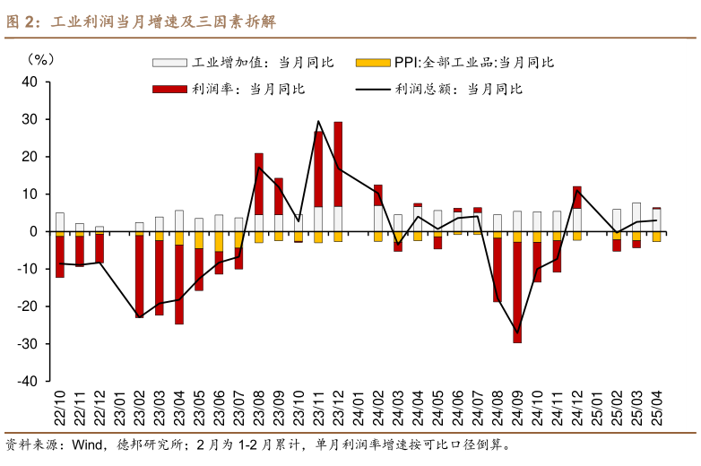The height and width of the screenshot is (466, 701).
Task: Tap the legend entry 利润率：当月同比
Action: (229, 89)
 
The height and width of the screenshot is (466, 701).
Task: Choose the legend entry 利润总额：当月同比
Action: (439, 89)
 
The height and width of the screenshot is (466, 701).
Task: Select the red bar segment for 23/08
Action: (259, 184)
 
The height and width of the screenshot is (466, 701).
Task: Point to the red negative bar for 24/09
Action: (517, 291)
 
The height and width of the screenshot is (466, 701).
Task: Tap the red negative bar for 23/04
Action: (179, 284)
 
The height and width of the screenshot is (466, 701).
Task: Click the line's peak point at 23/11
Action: (318, 121)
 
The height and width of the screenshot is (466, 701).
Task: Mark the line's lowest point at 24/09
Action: (517, 332)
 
